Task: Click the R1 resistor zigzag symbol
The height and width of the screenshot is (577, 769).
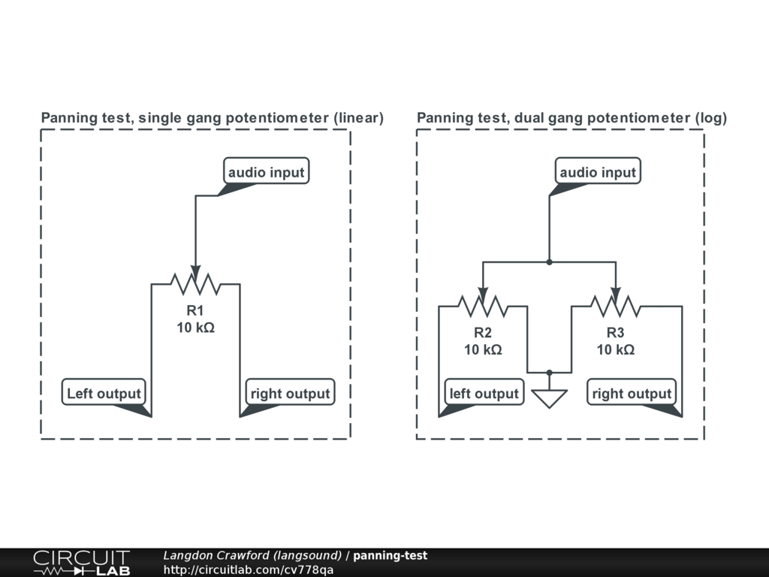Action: (x=195, y=284)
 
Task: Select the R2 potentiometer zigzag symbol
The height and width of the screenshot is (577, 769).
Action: (x=483, y=306)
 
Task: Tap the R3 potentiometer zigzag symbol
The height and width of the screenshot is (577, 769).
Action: (x=616, y=306)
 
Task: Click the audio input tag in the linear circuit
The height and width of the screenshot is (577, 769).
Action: (x=267, y=172)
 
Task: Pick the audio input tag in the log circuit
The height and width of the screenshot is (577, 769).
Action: (x=598, y=172)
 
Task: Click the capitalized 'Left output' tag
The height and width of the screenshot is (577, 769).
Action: (x=104, y=393)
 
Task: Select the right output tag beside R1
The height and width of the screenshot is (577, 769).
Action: (x=290, y=393)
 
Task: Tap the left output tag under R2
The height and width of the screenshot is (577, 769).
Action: (x=484, y=393)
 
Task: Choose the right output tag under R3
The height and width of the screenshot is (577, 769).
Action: (x=632, y=393)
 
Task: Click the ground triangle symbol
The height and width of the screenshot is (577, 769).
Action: (x=550, y=397)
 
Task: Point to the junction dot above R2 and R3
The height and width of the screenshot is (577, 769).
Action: (x=550, y=262)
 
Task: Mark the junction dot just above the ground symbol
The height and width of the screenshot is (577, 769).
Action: (x=550, y=372)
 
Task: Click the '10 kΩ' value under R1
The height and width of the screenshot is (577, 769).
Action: (x=195, y=328)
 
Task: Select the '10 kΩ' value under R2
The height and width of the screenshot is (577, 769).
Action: (x=483, y=349)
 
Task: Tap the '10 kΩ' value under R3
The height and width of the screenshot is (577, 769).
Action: (x=616, y=349)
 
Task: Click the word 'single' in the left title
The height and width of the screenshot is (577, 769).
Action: (x=160, y=118)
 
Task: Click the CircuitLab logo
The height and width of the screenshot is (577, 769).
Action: (x=81, y=563)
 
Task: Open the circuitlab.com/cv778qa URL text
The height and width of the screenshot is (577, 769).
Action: (x=249, y=569)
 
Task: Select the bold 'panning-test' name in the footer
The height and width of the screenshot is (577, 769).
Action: (x=390, y=556)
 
